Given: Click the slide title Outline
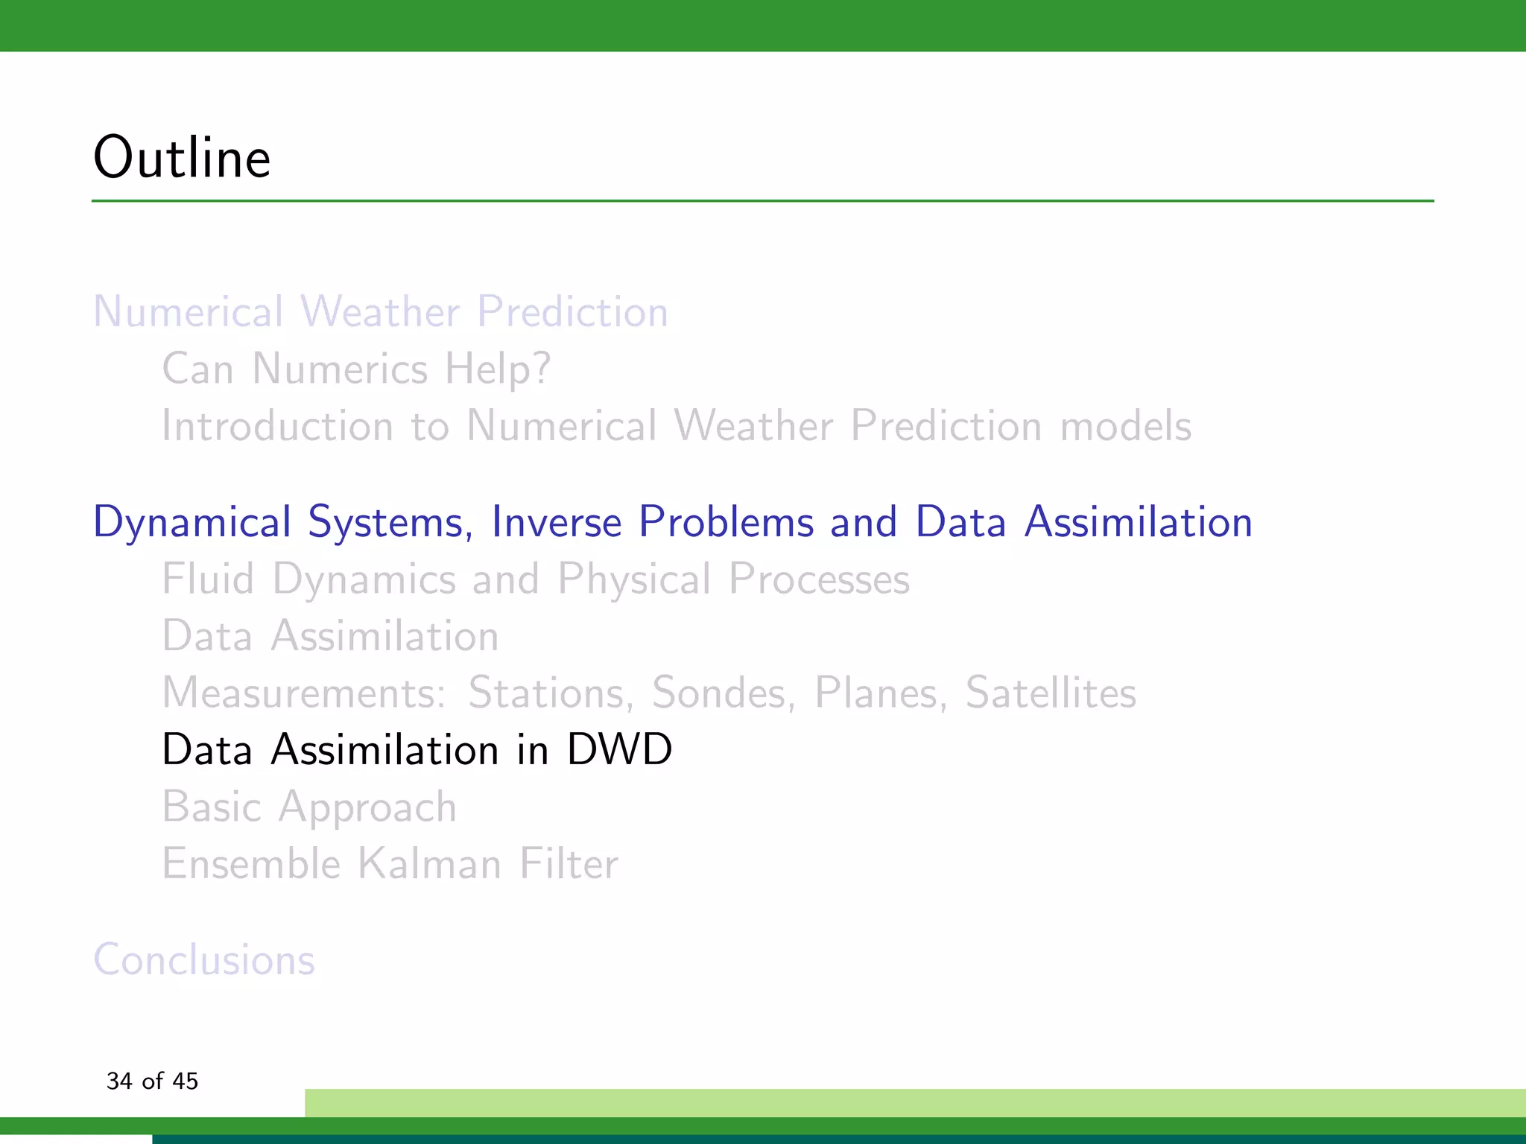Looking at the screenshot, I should (182, 158).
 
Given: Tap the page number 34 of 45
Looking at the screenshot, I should (152, 1081).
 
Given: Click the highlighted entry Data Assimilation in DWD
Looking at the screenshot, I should (417, 749).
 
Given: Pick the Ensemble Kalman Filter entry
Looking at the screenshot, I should (390, 864).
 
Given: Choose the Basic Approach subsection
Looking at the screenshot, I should (309, 807).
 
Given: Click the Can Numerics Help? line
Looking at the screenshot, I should (356, 369).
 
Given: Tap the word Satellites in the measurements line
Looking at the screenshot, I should (1051, 693).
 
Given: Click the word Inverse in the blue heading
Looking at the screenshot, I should (556, 521).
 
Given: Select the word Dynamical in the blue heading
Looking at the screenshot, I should (191, 523).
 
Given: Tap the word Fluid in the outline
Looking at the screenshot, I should (208, 579).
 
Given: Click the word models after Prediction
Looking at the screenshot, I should (1125, 426).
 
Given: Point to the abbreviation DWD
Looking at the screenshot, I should (619, 749).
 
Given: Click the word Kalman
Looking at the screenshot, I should (429, 864).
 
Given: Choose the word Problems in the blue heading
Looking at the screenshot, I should (726, 521).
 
